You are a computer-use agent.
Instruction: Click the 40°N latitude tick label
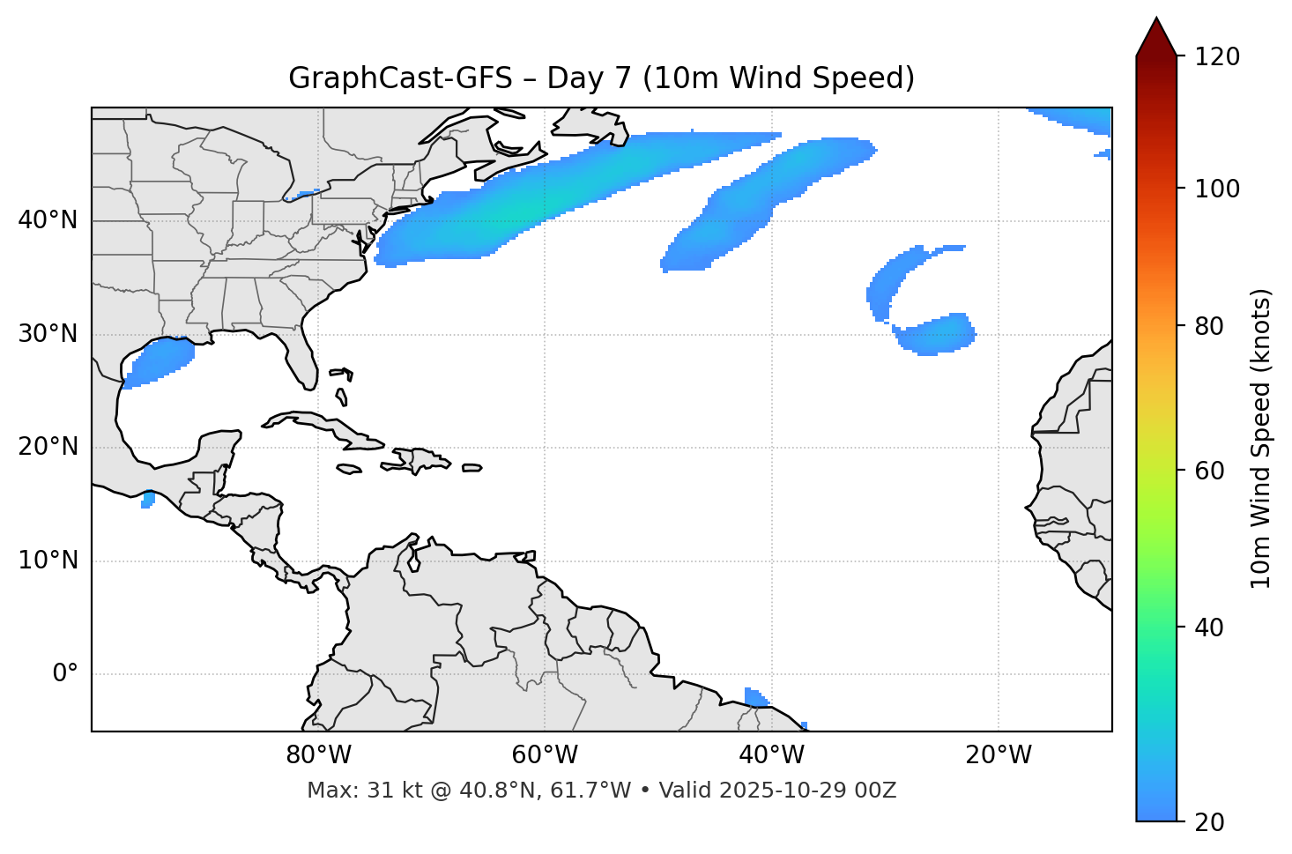[x=48, y=220]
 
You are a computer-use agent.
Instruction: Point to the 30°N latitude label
[x=48, y=334]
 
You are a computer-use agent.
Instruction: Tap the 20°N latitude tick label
[x=48, y=447]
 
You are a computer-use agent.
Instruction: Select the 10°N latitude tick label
[x=48, y=561]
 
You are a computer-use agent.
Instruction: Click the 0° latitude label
[x=65, y=674]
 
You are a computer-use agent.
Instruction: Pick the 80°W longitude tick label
[x=318, y=755]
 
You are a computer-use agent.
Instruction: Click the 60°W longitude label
[x=545, y=755]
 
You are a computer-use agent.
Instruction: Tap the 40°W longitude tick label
[x=771, y=755]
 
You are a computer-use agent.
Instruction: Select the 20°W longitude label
[x=998, y=755]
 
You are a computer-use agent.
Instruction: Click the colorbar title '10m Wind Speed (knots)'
[x=1261, y=438]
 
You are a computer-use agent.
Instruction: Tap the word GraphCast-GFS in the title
[x=400, y=78]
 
